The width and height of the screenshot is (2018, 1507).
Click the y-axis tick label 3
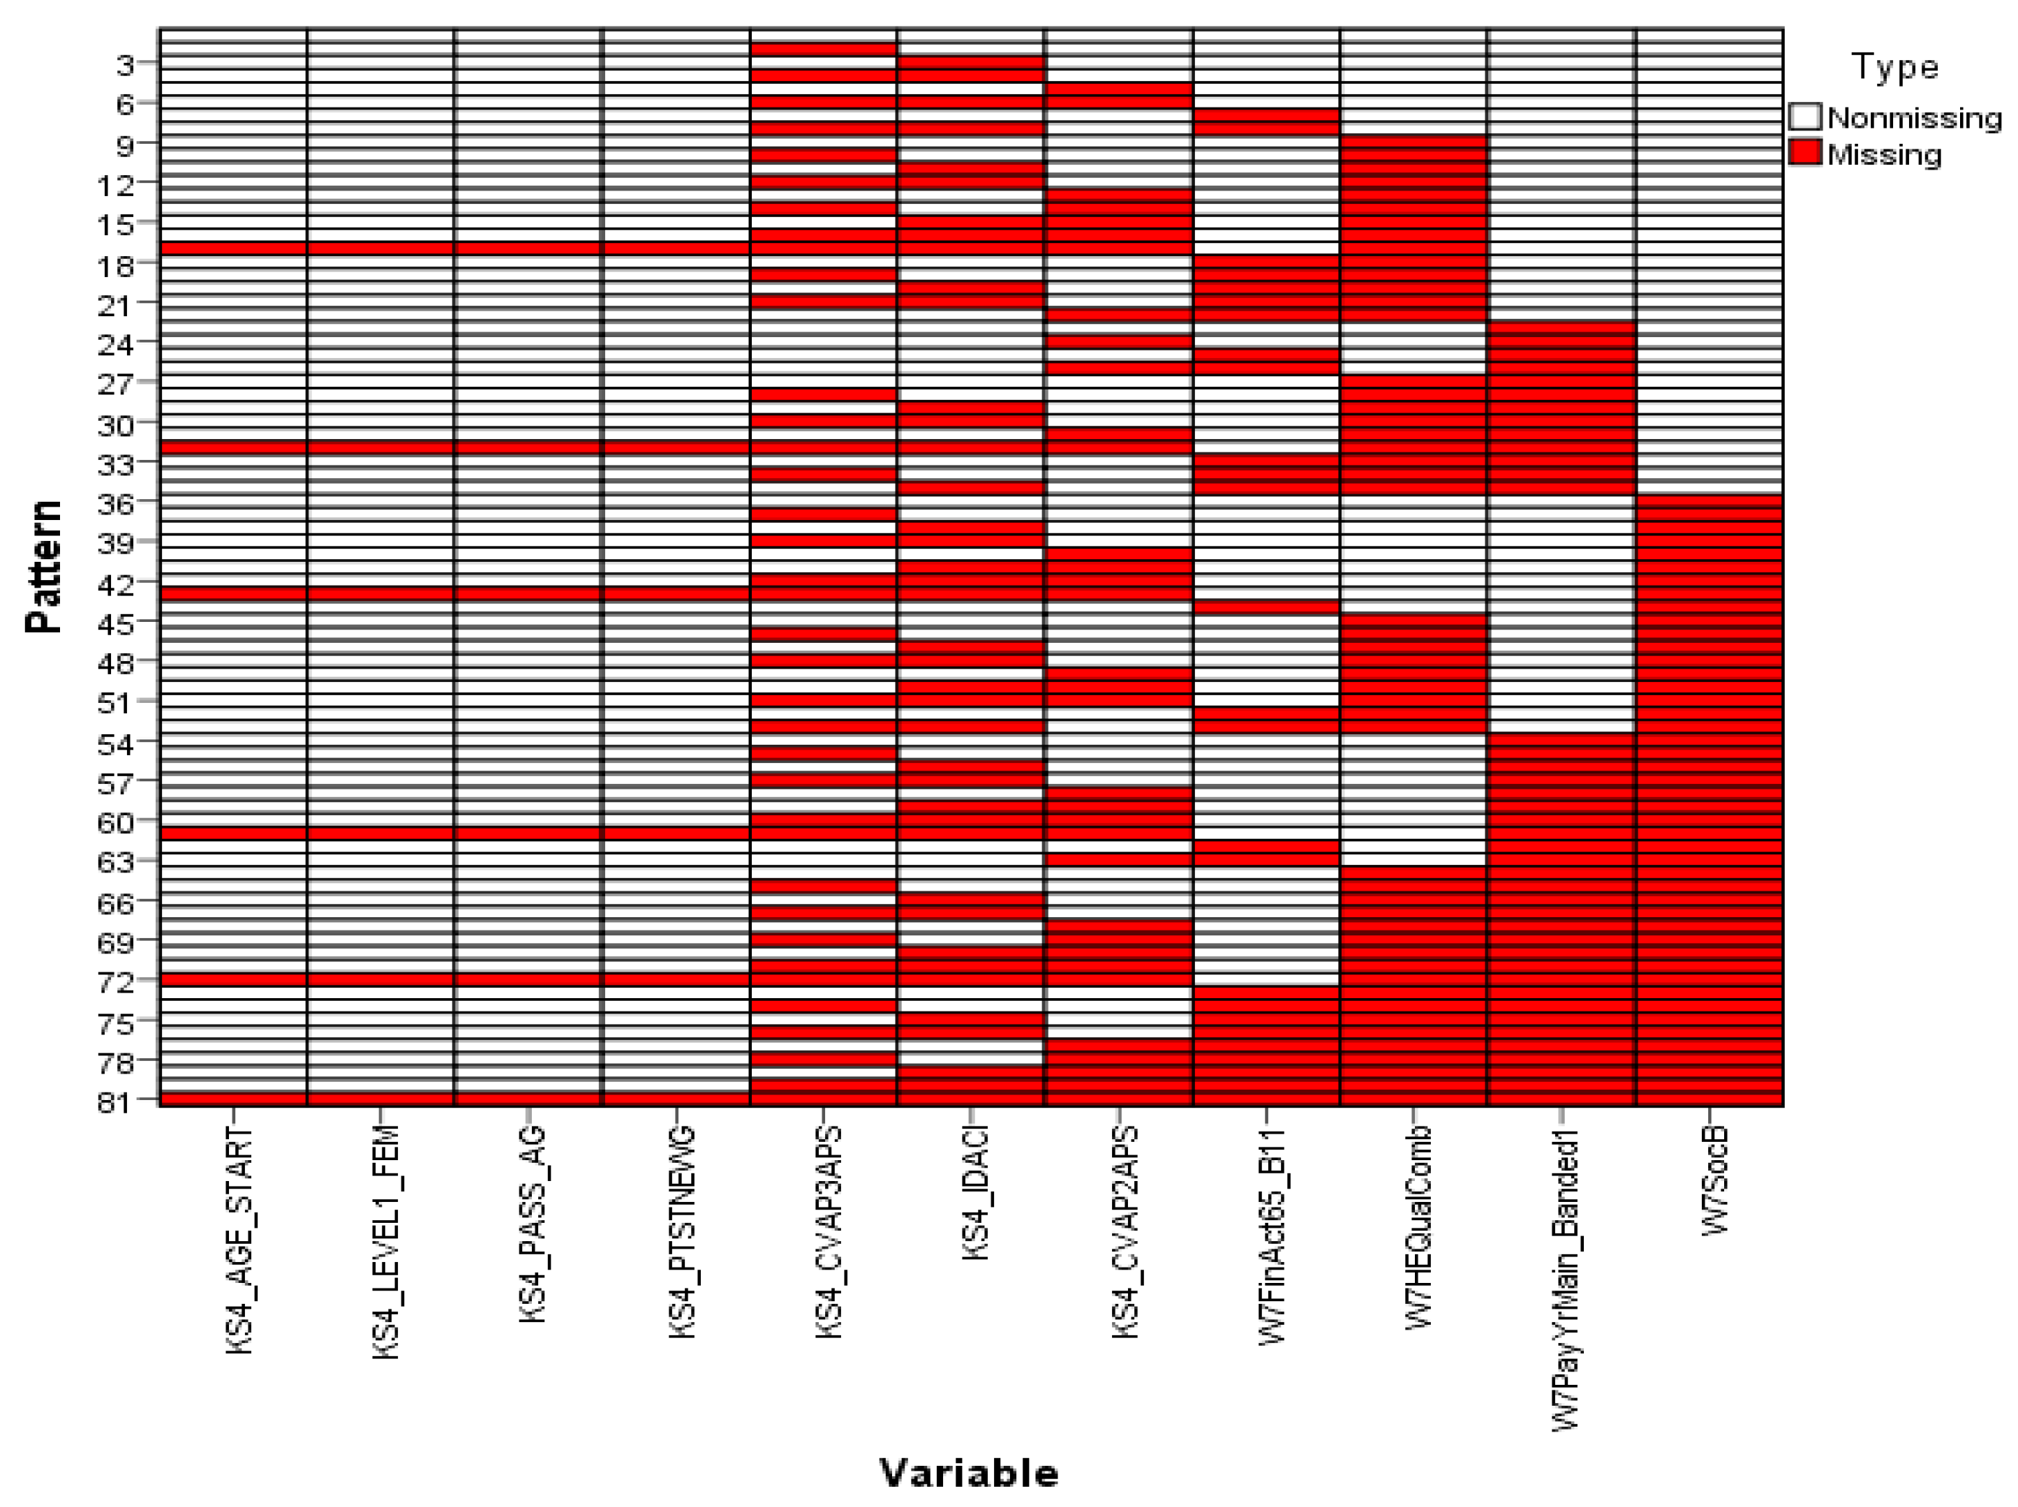pos(124,66)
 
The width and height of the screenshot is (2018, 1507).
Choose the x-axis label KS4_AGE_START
pos(239,1240)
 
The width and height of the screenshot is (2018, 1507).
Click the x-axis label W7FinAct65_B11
pos(1272,1235)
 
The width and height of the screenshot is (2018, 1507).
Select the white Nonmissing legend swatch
pos(1804,117)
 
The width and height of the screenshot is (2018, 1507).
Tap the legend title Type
pos(1894,68)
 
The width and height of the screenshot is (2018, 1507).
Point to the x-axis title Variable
pos(969,1472)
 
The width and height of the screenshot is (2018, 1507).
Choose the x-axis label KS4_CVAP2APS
pos(1125,1233)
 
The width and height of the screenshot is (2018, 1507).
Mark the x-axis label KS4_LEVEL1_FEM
pos(386,1242)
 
